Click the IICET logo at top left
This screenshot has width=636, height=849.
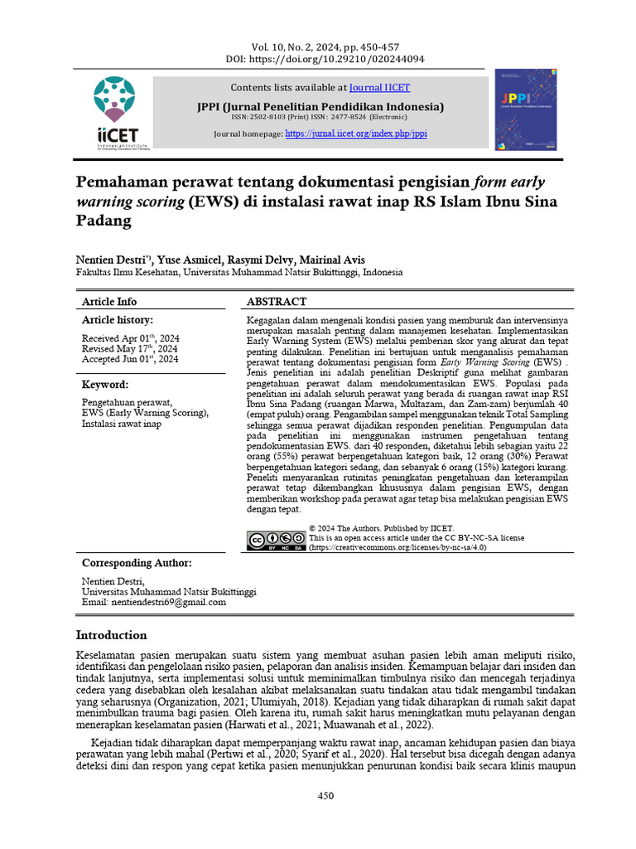coord(115,113)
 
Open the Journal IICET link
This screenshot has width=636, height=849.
coord(379,87)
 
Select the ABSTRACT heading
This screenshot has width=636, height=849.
coord(277,302)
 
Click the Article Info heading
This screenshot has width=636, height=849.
coord(109,302)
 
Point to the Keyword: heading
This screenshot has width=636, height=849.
coord(104,385)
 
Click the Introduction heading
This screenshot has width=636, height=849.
coord(112,635)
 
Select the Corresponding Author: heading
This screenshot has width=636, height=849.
coord(137,563)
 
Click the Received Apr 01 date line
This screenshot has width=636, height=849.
coord(129,338)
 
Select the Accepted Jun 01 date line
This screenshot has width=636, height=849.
coord(129,359)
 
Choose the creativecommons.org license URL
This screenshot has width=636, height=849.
coord(397,547)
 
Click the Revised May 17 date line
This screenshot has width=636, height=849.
coord(130,349)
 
